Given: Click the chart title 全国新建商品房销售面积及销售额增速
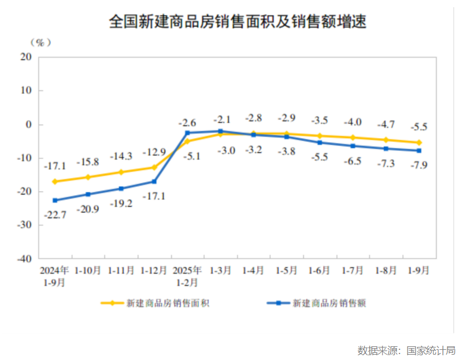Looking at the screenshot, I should tap(237, 22).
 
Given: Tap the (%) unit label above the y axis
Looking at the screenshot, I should tap(40, 43).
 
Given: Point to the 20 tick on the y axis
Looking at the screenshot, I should tap(25, 57).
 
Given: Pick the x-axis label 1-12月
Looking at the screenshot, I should tap(154, 270).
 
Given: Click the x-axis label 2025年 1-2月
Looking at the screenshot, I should tap(187, 276).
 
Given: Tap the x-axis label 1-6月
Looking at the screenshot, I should tap(320, 270).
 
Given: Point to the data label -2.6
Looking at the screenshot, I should tap(187, 123).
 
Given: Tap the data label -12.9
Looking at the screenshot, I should tap(154, 152).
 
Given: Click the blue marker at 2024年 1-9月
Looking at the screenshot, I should tap(55, 201).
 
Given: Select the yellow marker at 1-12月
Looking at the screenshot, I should tap(154, 167).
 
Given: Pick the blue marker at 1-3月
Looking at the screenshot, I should tap(220, 131).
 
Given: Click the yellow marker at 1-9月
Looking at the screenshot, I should tap(418, 142).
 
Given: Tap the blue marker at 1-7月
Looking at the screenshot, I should tap(352, 146).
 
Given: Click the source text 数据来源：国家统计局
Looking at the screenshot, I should tap(406, 350).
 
